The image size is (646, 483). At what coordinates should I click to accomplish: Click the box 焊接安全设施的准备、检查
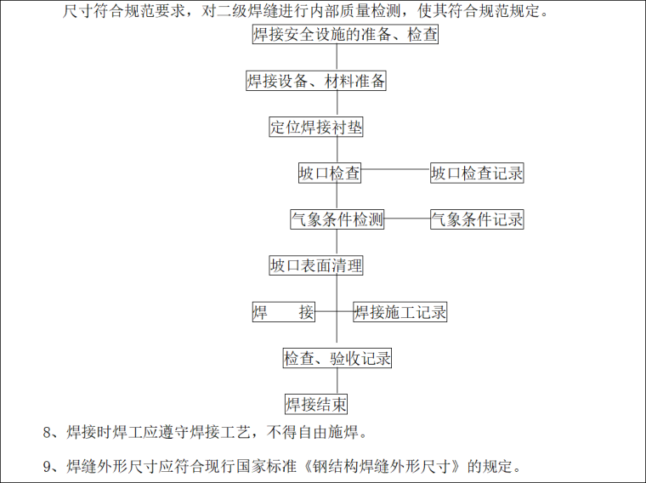(x=345, y=35)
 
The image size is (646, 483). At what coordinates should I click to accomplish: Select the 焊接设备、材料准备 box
(x=316, y=82)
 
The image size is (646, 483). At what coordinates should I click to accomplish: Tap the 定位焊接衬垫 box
(x=316, y=128)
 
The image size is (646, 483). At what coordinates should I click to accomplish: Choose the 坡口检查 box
(x=330, y=173)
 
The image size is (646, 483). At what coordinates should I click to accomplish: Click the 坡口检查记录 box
(x=477, y=173)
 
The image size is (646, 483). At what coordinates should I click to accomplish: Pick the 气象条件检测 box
(x=337, y=219)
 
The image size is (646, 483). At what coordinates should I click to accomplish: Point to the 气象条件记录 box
(x=477, y=219)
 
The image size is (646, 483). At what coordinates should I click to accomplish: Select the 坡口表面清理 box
(x=316, y=265)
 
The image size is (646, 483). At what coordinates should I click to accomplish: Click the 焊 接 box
(x=284, y=312)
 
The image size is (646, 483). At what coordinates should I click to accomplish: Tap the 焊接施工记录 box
(x=400, y=312)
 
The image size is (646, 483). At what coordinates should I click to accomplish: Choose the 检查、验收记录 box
(x=337, y=358)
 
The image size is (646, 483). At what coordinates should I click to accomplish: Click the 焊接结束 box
(x=316, y=403)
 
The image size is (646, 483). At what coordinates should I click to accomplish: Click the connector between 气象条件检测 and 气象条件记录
(x=407, y=219)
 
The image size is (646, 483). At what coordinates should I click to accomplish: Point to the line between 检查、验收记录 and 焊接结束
(x=337, y=380)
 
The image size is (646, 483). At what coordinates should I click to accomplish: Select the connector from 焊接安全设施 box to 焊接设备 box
(x=337, y=58)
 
